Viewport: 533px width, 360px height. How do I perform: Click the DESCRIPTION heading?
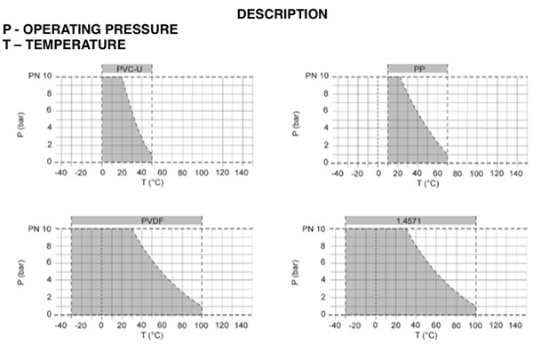[x=282, y=14]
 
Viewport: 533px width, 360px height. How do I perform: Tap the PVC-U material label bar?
[x=121, y=68]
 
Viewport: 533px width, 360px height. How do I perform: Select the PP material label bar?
[x=417, y=68]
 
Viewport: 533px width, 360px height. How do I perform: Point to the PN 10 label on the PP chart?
[x=316, y=76]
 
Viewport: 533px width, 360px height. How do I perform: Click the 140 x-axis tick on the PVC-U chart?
[x=242, y=172]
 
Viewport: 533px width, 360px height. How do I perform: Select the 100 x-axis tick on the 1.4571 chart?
[x=475, y=324]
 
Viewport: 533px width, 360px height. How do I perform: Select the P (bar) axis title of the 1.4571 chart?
[x=293, y=270]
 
